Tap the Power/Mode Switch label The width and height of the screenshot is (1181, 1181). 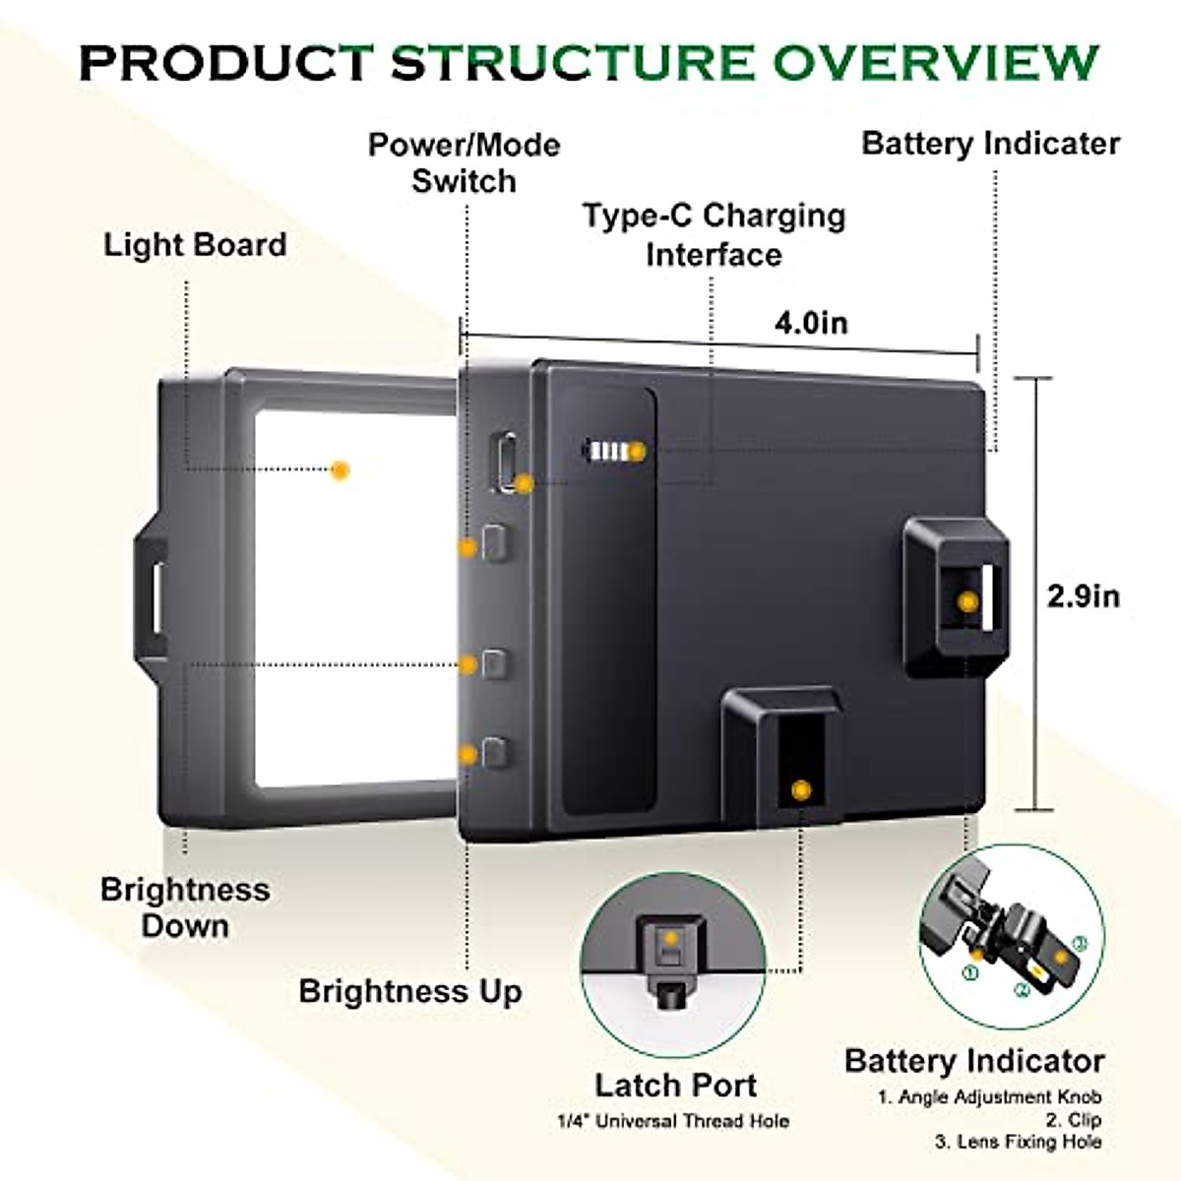pos(464,162)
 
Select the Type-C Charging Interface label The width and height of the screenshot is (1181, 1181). pos(714,234)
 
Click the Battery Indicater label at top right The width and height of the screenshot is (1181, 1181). pos(990,143)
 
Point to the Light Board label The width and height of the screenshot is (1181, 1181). pos(195,244)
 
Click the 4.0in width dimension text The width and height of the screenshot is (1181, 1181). pos(810,323)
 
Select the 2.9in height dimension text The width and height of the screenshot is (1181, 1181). pos(1083,596)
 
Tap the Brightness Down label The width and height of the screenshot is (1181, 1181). pos(185,906)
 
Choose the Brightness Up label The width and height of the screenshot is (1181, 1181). pos(410,990)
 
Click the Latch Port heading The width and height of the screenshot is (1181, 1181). pos(675,1085)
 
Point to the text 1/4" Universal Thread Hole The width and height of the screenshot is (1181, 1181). pos(673,1121)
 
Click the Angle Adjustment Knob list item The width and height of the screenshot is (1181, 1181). pos(989,1096)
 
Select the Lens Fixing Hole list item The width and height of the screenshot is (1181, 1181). pos(1018,1142)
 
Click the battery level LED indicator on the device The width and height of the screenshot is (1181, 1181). pos(610,452)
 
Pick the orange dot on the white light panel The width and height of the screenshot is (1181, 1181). pos(341,469)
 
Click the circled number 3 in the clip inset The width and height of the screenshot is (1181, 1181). pos(1080,943)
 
